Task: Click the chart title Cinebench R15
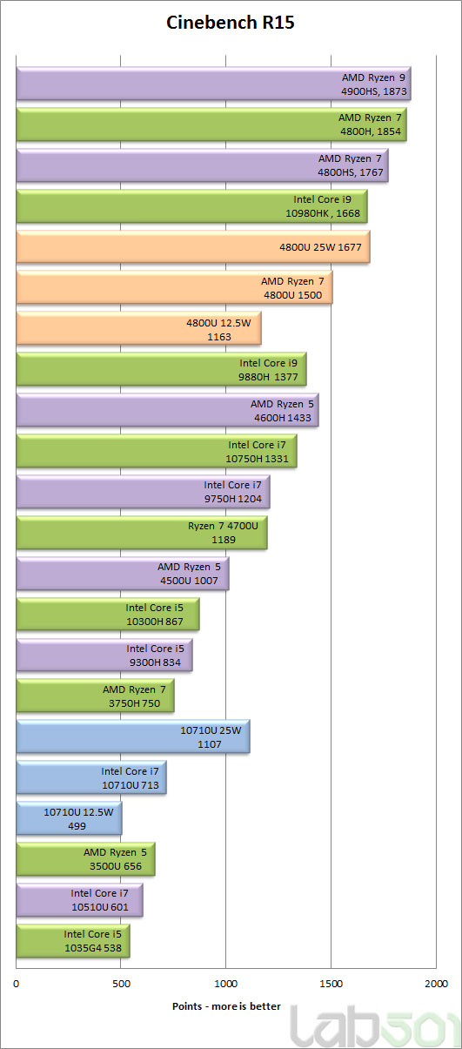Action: point(231,23)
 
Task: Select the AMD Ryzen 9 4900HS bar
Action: point(213,84)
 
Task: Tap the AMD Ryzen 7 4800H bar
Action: point(211,124)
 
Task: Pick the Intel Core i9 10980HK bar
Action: point(192,206)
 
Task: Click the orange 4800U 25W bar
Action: point(193,246)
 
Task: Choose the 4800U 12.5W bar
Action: point(139,329)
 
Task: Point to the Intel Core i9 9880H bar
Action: point(162,369)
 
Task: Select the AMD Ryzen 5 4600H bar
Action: point(168,410)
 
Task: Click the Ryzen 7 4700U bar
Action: point(142,533)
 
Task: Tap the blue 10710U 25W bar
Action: point(133,736)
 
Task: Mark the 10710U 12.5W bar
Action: point(70,818)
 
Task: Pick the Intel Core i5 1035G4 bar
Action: point(73,941)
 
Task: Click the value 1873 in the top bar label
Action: point(395,91)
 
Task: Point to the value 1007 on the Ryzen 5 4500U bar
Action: point(206,581)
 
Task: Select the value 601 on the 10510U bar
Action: point(119,907)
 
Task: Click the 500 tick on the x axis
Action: point(121,984)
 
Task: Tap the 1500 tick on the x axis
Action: point(331,984)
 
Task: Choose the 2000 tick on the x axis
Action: point(436,984)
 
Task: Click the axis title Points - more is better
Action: point(226,1006)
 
